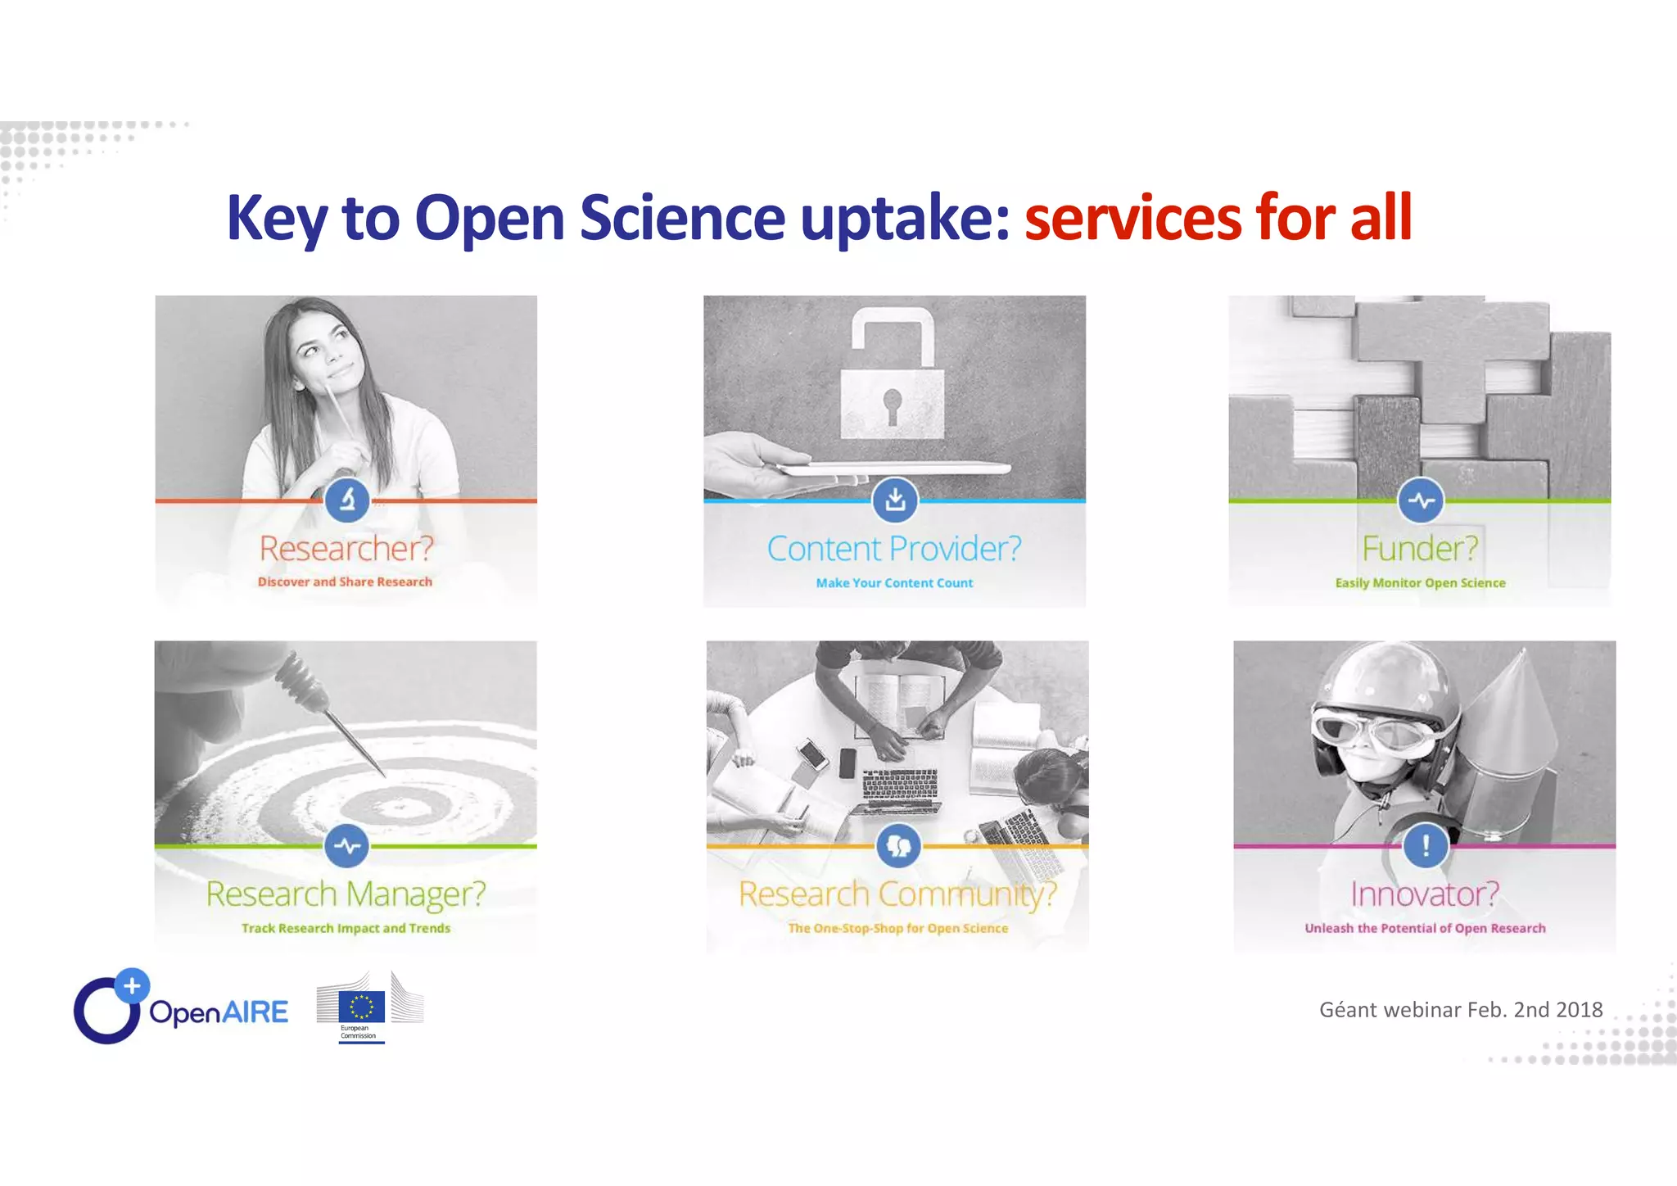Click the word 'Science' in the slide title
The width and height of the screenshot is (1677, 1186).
(x=682, y=218)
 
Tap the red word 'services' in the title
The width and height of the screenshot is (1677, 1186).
(x=1132, y=218)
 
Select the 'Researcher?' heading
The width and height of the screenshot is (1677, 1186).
(x=346, y=549)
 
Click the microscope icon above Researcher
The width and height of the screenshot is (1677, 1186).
(x=347, y=500)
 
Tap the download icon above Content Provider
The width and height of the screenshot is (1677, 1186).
(x=895, y=500)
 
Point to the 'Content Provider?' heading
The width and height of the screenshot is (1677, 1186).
(x=894, y=549)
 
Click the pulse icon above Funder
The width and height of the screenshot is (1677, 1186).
(x=1421, y=500)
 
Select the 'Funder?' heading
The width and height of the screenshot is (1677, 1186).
(x=1420, y=549)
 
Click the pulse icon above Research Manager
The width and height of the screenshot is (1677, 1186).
(x=347, y=846)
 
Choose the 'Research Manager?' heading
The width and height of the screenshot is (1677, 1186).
(x=346, y=894)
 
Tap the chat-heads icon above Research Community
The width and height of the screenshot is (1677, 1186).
(x=898, y=846)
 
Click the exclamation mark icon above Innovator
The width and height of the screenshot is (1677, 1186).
(x=1426, y=845)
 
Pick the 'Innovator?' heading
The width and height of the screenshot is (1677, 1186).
(x=1425, y=894)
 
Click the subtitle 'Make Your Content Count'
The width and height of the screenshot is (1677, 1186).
(x=894, y=583)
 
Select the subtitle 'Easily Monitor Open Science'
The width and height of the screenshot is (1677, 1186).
(x=1420, y=583)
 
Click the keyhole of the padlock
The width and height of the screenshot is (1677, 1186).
(x=892, y=404)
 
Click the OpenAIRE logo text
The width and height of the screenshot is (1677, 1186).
(x=219, y=1012)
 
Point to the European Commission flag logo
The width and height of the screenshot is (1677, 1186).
(x=361, y=1007)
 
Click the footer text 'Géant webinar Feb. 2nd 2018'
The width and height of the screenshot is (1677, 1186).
(x=1461, y=1010)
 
